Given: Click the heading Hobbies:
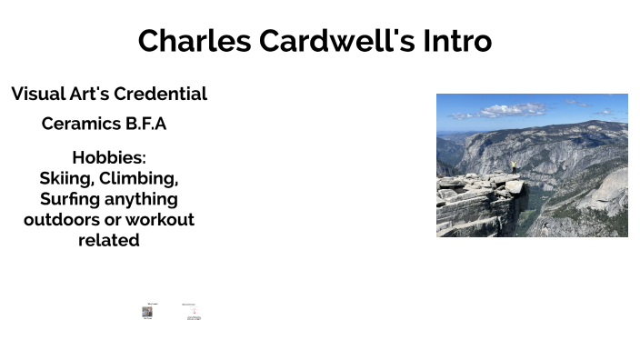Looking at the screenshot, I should coord(109,157).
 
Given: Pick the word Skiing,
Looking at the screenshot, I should coord(66,178).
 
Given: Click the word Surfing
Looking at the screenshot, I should coord(69,199).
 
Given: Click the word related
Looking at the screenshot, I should coord(109,241).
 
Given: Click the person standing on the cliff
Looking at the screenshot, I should coord(513,167).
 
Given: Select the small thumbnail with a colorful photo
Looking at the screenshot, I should coord(147,312).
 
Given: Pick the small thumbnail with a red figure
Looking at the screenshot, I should coord(191,312).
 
